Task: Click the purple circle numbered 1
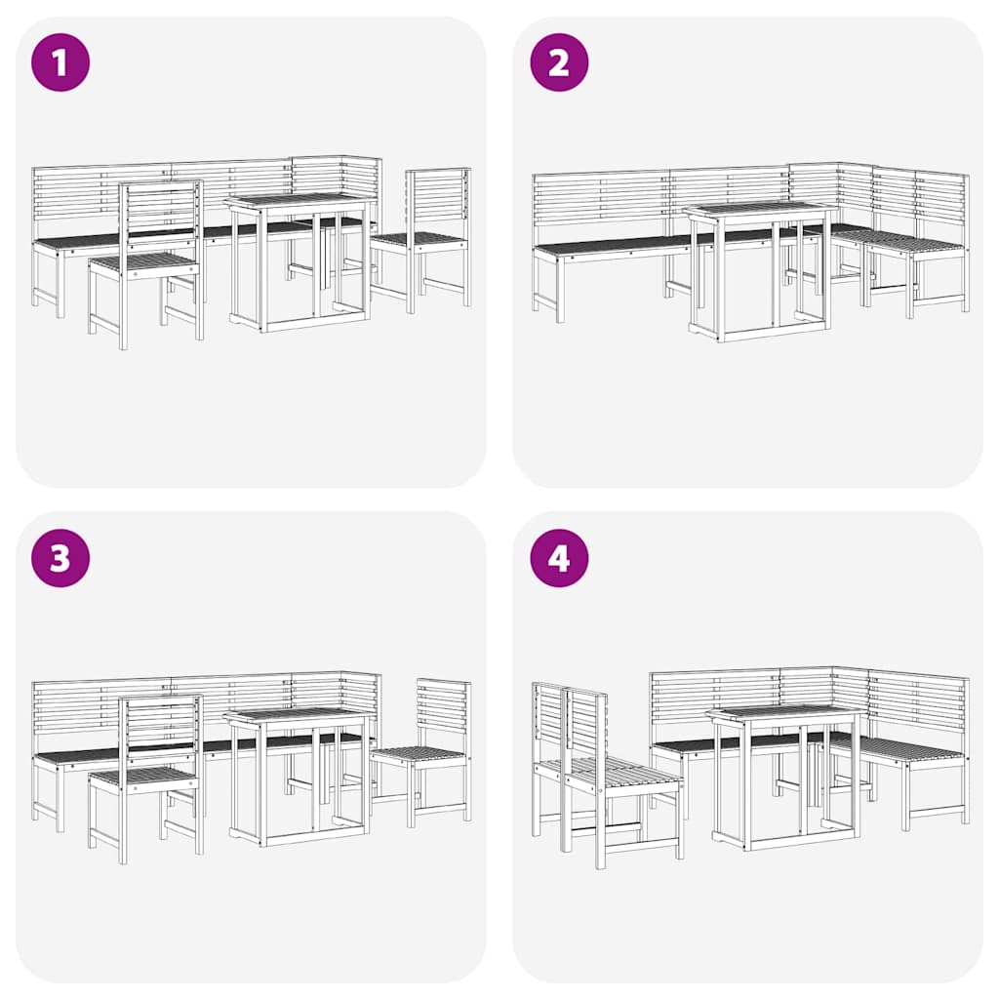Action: click(x=60, y=62)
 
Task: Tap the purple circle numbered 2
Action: click(x=559, y=62)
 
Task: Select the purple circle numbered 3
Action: click(x=60, y=558)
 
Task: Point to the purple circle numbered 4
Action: click(x=559, y=558)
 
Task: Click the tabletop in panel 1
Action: click(x=299, y=200)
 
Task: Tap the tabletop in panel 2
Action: click(x=759, y=209)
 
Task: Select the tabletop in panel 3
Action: click(x=299, y=715)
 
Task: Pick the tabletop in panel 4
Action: click(x=786, y=711)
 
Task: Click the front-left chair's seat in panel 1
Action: click(x=144, y=261)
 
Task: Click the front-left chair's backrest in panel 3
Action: click(x=160, y=726)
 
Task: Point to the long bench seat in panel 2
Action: click(x=615, y=245)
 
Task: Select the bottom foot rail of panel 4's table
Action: click(x=786, y=842)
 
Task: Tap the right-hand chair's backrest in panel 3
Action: click(x=443, y=709)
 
